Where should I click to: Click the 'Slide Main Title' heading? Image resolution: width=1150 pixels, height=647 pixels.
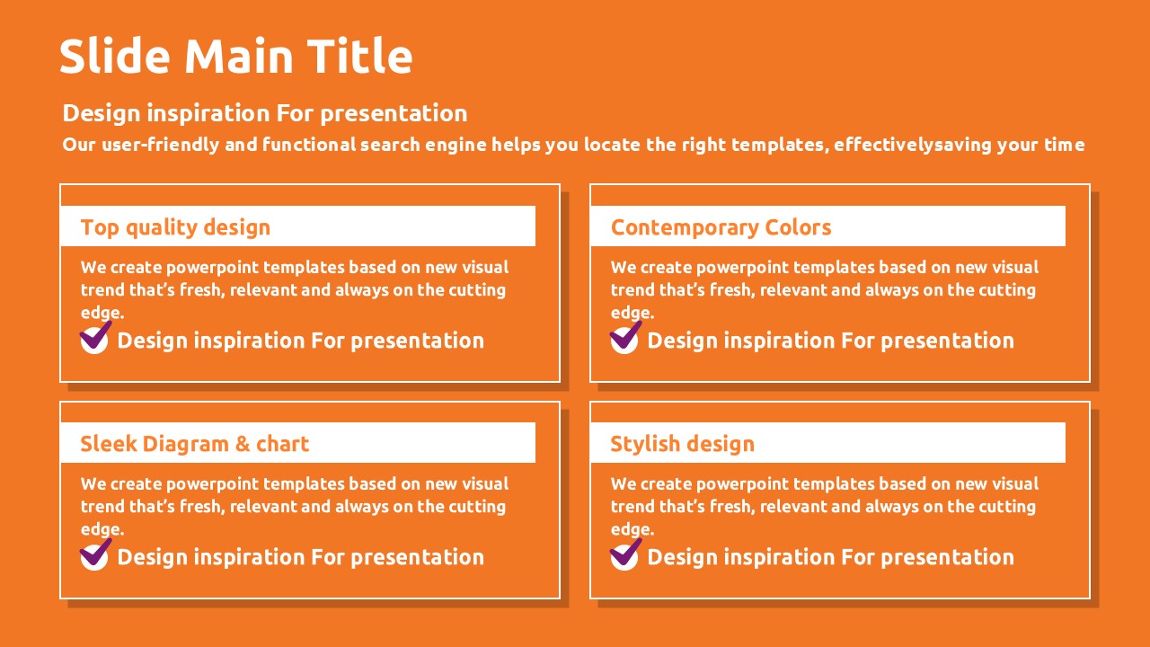236,56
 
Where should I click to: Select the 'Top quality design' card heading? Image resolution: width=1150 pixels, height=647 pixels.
175,227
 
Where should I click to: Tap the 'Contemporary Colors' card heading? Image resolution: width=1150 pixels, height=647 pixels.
721,227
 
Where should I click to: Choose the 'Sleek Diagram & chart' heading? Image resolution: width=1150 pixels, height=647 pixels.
195,444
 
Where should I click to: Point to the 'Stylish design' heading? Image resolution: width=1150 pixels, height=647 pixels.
682,444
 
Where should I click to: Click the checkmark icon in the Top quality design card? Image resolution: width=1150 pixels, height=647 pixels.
95,338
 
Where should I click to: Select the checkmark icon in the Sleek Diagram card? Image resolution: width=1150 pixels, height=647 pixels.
95,554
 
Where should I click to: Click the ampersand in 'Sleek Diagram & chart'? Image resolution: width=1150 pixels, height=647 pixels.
243,444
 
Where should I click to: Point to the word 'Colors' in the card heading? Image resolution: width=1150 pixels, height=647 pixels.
798,227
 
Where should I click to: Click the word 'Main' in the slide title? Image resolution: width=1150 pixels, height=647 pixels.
239,56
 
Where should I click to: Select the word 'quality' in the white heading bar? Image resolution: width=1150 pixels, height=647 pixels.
161,228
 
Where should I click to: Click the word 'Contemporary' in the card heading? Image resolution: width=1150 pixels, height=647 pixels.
685,228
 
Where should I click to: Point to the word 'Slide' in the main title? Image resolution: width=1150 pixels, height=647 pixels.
115,56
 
